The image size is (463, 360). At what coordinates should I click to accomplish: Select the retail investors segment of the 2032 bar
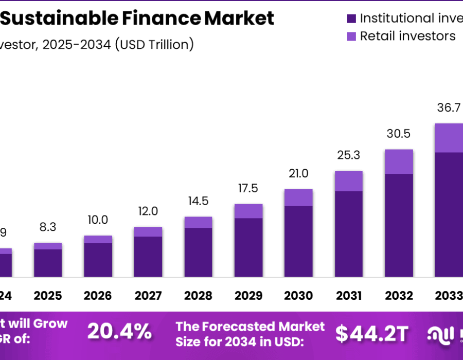[x=399, y=161]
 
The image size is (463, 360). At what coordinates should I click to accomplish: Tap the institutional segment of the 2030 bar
[x=298, y=241]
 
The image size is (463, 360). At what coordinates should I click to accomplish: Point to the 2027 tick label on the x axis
[x=148, y=296]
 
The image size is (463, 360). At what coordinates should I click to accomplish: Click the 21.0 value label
[x=298, y=174]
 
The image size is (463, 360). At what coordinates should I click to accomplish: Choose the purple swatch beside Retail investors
[x=352, y=37]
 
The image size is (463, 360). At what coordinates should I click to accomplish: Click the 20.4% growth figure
[x=119, y=332]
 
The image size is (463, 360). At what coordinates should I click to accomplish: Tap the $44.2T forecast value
[x=372, y=334]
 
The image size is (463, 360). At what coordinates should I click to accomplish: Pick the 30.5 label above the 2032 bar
[x=399, y=134]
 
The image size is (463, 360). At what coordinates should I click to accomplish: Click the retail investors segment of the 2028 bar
[x=198, y=222]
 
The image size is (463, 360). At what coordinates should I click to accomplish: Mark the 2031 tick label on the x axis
[x=349, y=296]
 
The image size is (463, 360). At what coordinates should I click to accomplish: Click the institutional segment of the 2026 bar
[x=98, y=260]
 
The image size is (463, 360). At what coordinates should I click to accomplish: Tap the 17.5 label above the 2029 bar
[x=248, y=188]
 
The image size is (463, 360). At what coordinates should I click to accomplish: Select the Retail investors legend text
[x=407, y=36]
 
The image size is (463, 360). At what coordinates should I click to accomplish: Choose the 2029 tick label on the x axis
[x=248, y=296]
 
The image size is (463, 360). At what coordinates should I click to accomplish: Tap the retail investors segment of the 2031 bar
[x=349, y=181]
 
